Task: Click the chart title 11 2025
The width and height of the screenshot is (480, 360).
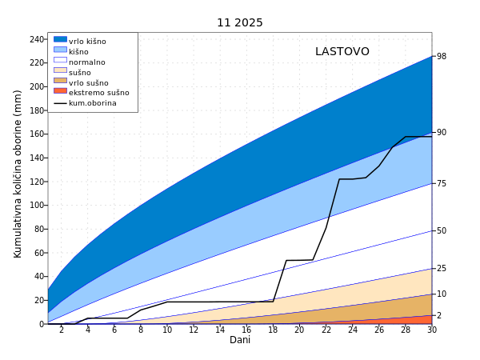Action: [239, 22]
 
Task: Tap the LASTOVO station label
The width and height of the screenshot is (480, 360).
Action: [342, 52]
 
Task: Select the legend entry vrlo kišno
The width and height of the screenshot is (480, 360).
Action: [87, 42]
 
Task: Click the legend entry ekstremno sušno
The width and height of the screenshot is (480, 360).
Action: [98, 93]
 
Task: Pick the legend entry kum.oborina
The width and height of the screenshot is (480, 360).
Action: [92, 103]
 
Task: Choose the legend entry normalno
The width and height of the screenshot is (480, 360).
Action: [86, 62]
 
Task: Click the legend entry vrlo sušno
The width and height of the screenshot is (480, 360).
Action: [88, 83]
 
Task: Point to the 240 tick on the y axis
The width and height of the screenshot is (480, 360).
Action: [36, 39]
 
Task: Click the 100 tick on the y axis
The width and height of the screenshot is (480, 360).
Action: [36, 206]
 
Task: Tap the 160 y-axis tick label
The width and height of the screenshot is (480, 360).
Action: [36, 134]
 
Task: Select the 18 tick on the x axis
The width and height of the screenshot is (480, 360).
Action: [273, 330]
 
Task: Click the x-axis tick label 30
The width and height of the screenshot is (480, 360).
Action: [431, 330]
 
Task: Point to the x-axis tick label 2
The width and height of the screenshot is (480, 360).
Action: [61, 330]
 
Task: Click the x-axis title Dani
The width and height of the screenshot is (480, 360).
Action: [240, 340]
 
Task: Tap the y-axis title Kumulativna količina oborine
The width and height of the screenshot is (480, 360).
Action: [18, 174]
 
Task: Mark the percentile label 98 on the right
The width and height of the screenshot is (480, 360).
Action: [441, 57]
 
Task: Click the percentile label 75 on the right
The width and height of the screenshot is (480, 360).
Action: [441, 183]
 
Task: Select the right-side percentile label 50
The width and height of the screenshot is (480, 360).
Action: [441, 230]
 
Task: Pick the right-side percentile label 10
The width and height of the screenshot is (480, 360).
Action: [441, 294]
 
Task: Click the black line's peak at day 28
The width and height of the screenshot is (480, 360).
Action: [406, 137]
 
